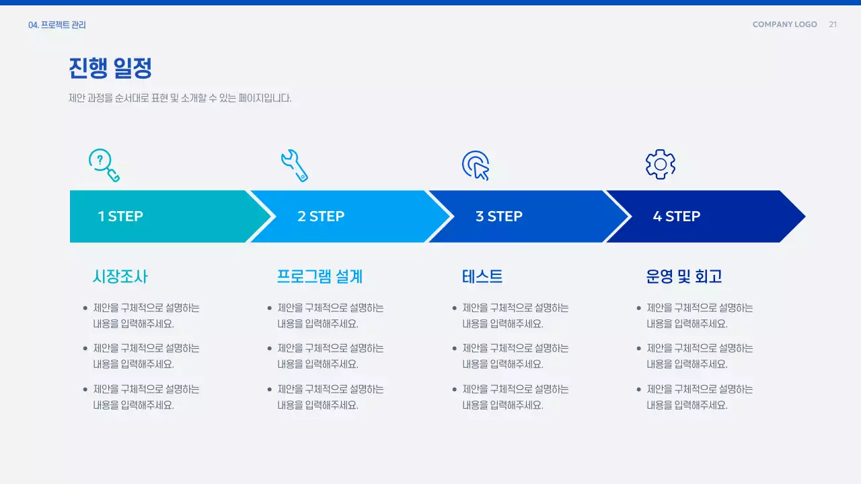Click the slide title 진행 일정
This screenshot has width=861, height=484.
point(110,68)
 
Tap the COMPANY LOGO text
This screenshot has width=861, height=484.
point(784,25)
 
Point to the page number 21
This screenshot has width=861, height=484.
point(833,25)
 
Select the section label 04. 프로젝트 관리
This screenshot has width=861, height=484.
point(57,26)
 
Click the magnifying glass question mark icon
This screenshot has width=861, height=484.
point(104,165)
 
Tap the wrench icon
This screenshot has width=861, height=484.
point(294,165)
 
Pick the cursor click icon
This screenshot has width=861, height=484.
point(476,165)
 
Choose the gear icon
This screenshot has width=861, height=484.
point(660,165)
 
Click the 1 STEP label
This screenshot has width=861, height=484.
point(120,216)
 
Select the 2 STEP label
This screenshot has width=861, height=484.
point(321,216)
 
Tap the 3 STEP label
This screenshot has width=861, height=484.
point(498,216)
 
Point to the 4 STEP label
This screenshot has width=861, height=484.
point(676,216)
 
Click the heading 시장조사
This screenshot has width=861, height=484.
point(120,276)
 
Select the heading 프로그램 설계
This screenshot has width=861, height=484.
point(320,276)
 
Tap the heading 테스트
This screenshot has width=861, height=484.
point(482,276)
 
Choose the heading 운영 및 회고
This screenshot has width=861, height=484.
point(683,276)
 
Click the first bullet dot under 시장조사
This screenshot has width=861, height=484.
point(85,309)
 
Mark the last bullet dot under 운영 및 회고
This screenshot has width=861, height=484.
point(639,389)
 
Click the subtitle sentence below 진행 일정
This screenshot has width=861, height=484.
point(180,98)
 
